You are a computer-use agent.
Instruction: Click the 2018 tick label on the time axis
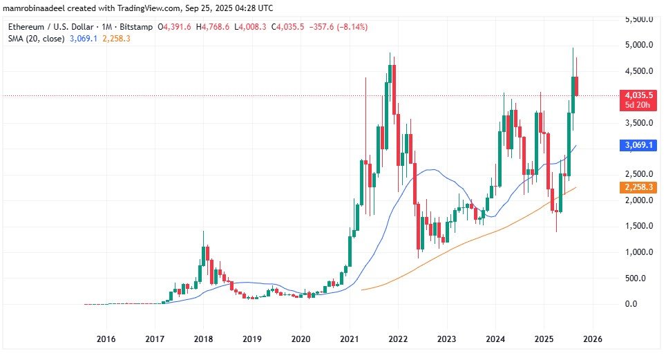click(x=203, y=339)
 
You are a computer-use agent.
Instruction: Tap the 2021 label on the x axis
click(x=349, y=339)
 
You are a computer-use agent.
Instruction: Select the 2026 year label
click(x=593, y=339)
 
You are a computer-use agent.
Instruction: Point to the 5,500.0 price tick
click(x=640, y=19)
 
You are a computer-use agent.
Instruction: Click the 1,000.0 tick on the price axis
click(x=640, y=252)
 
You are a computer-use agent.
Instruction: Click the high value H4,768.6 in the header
click(x=216, y=27)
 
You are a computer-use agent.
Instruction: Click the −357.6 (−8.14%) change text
click(x=339, y=27)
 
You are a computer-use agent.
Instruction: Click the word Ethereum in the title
click(x=25, y=27)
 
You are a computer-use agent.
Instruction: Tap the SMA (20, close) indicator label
click(x=35, y=39)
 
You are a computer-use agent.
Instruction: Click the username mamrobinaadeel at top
click(x=35, y=8)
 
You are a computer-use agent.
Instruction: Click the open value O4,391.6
click(x=176, y=27)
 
